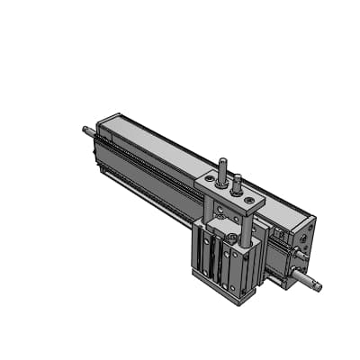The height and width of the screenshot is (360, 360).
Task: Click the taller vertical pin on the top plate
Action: pos(221,170)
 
